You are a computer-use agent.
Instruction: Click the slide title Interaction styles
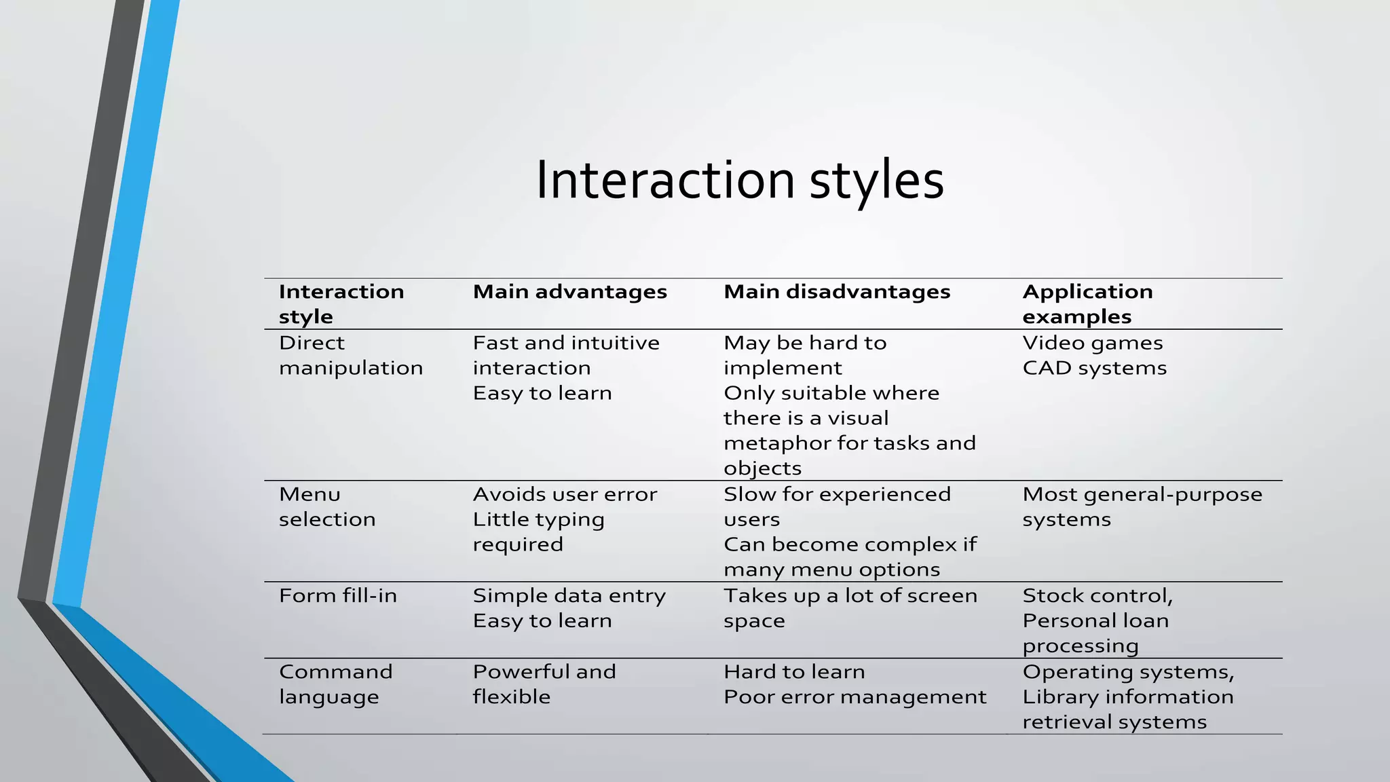739,181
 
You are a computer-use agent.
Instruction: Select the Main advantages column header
569,292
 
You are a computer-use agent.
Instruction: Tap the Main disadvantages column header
836,292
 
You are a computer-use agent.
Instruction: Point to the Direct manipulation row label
350,355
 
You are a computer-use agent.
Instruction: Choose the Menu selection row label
326,506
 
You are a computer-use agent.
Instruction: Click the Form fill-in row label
337,595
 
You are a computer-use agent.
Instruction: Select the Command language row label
335,684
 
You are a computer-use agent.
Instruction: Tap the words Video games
1092,343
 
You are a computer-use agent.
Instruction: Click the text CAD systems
1094,368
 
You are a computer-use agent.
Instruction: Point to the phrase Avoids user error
565,494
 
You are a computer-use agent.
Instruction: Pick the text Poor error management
854,696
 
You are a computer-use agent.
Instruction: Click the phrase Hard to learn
794,671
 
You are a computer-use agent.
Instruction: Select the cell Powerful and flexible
544,684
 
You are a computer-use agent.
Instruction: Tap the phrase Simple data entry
569,595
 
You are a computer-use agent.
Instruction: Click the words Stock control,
1097,595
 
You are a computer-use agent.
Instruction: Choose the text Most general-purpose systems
1142,506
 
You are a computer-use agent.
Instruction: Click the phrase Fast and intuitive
565,343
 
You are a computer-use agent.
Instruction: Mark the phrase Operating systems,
1128,671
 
